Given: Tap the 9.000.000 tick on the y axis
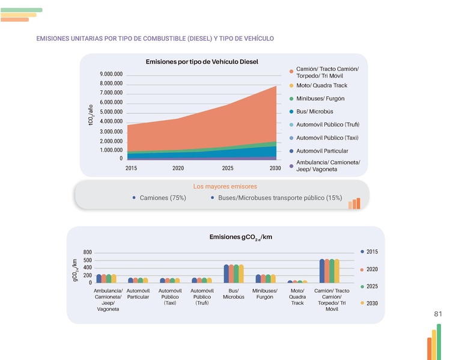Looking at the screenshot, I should pyautogui.click(x=111, y=74).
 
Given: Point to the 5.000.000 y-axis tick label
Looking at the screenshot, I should pyautogui.click(x=111, y=112).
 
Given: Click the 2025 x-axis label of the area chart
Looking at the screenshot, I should pyautogui.click(x=228, y=168).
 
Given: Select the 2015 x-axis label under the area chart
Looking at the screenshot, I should pyautogui.click(x=132, y=168).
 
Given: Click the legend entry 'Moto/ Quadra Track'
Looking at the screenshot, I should pyautogui.click(x=321, y=85).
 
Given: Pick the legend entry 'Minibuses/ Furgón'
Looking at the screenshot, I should pyautogui.click(x=320, y=99).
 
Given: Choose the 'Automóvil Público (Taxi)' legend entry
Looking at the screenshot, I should pyautogui.click(x=327, y=138).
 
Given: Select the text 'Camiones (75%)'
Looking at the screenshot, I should pyautogui.click(x=162, y=198).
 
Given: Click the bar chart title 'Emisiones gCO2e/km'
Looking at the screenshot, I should pyautogui.click(x=240, y=237).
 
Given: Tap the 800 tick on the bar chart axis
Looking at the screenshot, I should pyautogui.click(x=88, y=252).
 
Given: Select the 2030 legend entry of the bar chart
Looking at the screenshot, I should pyautogui.click(x=371, y=303).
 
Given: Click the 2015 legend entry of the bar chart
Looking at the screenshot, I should pyautogui.click(x=371, y=251).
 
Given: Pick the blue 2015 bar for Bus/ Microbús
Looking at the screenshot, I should pyautogui.click(x=227, y=273).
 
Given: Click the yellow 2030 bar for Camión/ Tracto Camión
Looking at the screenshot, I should pyautogui.click(x=337, y=271).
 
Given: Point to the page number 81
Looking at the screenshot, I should pyautogui.click(x=437, y=314).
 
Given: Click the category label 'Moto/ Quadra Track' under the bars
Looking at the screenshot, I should pyautogui.click(x=297, y=297).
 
